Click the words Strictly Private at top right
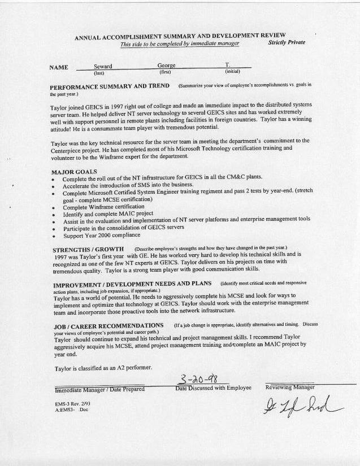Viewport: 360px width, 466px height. coord(287,42)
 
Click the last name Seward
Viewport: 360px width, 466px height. coord(103,67)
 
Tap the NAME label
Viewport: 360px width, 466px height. coord(59,68)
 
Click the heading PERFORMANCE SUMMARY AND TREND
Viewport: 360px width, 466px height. coord(110,86)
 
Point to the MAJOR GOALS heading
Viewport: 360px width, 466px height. coord(74,171)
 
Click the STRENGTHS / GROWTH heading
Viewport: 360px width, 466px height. coord(89,249)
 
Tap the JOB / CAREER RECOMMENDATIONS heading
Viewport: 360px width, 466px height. coord(109,326)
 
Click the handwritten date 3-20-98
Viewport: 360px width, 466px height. coord(200,379)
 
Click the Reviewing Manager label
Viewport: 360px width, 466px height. coord(290,388)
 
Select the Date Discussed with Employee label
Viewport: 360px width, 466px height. coord(213,389)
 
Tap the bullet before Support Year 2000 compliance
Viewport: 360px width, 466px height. coord(53,236)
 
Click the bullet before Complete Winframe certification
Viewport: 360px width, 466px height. coord(53,207)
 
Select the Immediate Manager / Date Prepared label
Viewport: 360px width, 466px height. coord(99,389)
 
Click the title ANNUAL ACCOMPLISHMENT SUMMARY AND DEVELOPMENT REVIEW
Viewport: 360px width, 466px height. coord(180,37)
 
